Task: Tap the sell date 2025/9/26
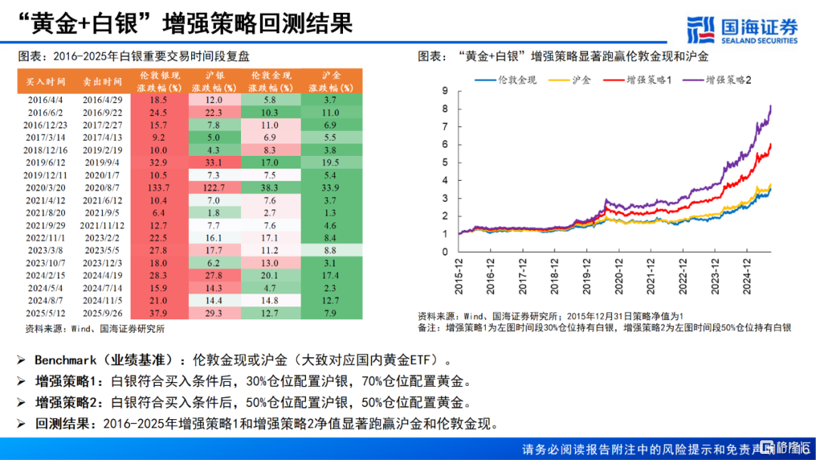coord(102,312)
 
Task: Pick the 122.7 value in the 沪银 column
coord(214,186)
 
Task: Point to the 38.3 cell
coord(270,186)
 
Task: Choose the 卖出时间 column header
coord(102,82)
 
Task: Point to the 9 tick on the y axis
coord(446,91)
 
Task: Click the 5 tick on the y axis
coord(446,163)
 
